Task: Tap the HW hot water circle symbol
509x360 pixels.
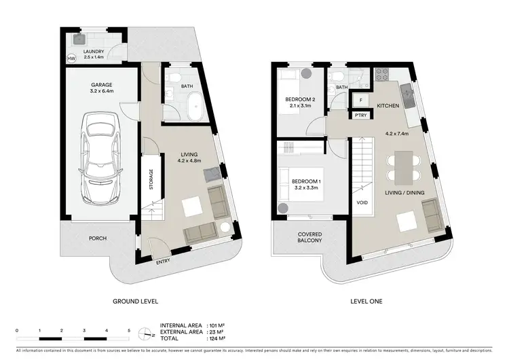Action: point(71,59)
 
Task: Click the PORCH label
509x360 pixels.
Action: point(98,238)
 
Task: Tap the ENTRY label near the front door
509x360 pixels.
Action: point(163,262)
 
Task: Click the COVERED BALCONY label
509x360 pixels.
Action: point(309,238)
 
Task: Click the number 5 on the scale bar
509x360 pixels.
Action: point(129,329)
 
